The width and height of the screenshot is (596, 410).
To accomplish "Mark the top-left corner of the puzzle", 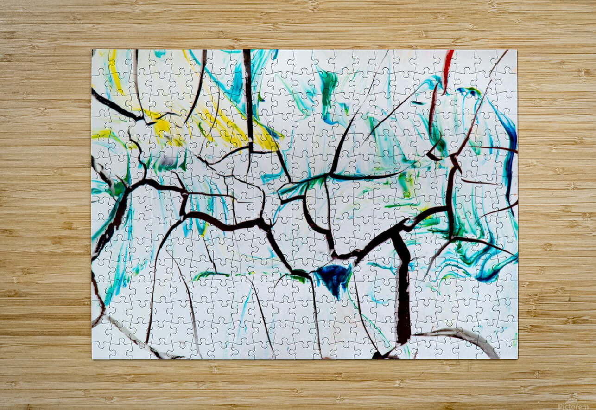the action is click(92, 50).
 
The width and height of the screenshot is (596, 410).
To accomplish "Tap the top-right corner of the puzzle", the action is click(517, 50).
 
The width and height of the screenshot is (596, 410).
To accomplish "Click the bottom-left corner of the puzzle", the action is click(92, 359).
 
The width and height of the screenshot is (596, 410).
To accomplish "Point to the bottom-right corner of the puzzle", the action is click(517, 359).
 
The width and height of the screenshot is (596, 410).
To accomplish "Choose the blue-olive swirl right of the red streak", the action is click(468, 91).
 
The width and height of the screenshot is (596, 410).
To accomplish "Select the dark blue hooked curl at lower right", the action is click(491, 274).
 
